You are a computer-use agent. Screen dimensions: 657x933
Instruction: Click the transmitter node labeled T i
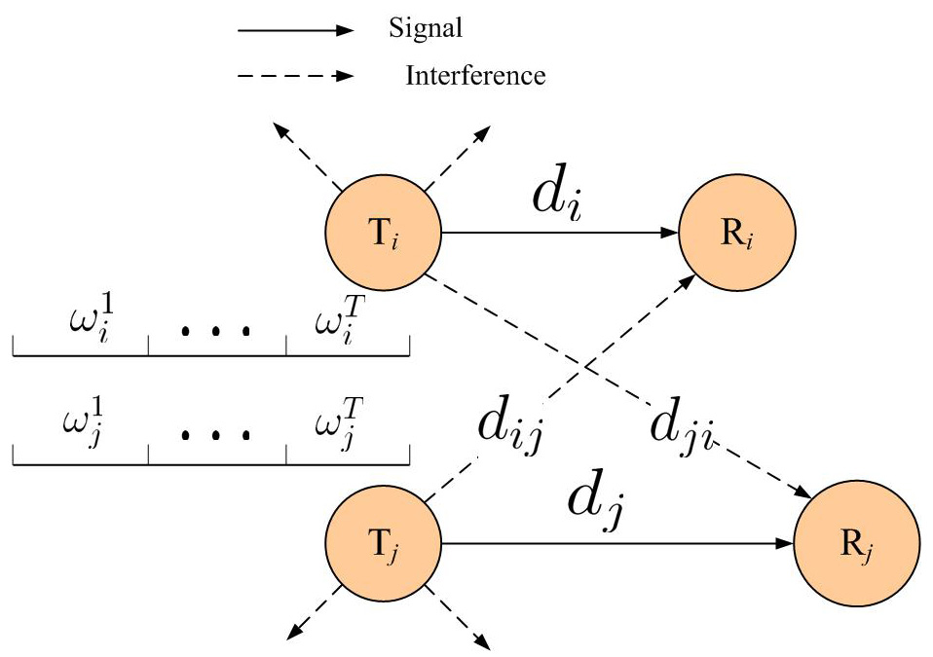point(384,234)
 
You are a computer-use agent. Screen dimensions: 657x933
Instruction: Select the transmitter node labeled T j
point(384,544)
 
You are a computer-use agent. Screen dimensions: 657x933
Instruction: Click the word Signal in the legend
point(425,29)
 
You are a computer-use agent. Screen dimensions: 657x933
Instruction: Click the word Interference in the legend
point(475,75)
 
